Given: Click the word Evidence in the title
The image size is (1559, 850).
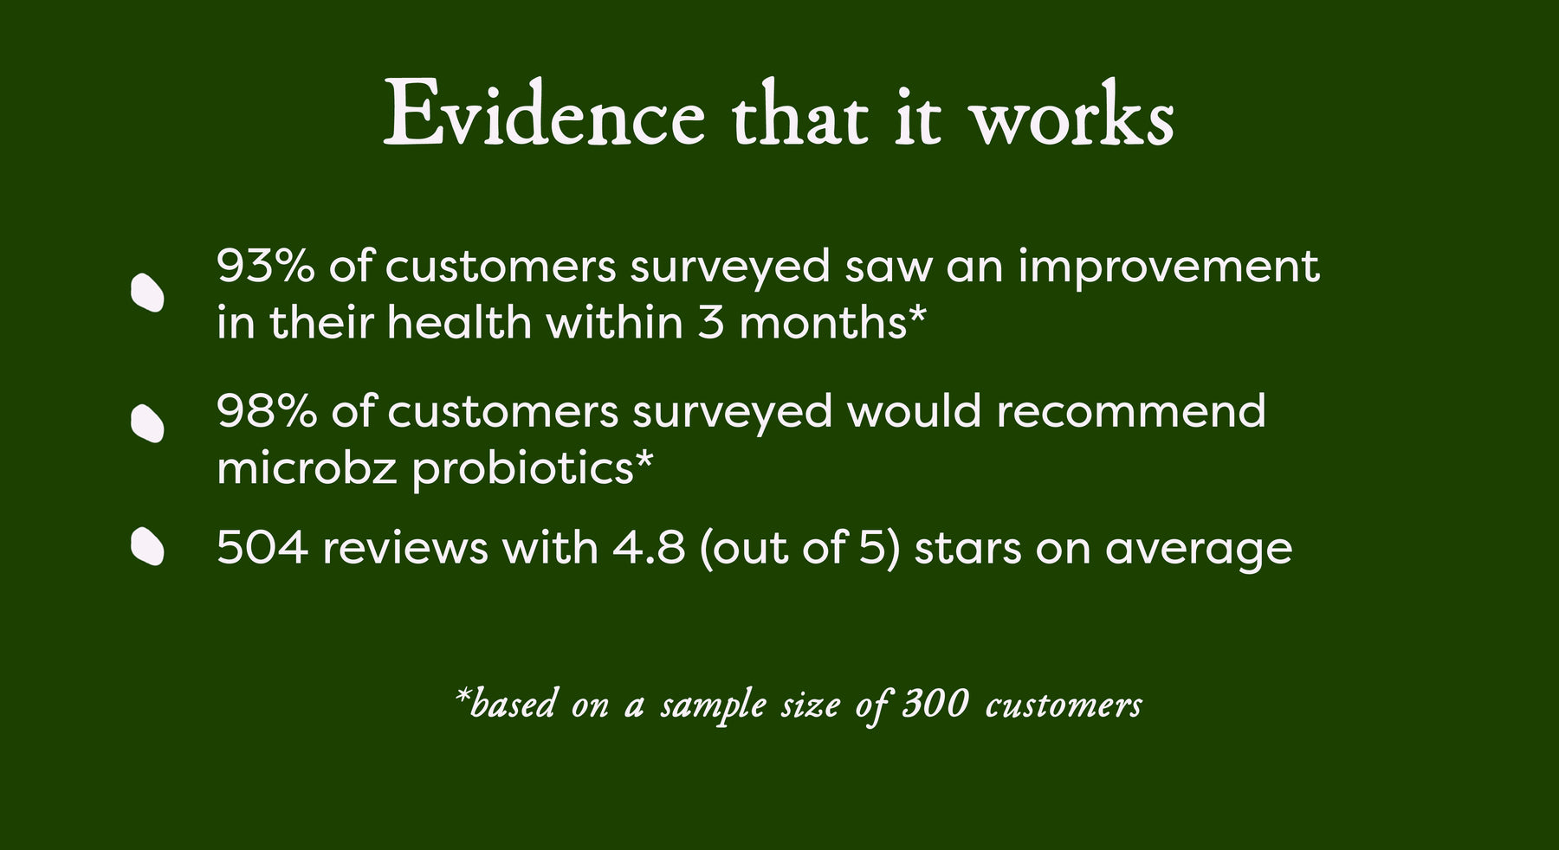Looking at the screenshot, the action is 544,114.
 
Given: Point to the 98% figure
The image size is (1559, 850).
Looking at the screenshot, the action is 267,410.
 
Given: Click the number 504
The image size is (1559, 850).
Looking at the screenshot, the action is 262,548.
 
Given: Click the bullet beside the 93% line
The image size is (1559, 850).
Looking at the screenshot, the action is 147,293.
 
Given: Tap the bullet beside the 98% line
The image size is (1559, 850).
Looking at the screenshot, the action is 147,424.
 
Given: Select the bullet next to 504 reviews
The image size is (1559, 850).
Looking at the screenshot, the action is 147,547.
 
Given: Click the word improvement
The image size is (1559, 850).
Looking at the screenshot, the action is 1168,267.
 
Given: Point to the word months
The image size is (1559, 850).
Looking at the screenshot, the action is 823,323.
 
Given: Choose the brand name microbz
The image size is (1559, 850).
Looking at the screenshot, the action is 307,468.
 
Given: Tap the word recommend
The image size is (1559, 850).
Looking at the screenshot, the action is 1131,411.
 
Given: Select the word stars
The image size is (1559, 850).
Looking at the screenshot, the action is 967,549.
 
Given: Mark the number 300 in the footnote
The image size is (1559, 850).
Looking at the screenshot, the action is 935,704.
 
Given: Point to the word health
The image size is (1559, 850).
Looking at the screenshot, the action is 459,323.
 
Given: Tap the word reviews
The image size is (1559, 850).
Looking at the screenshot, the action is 405,548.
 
